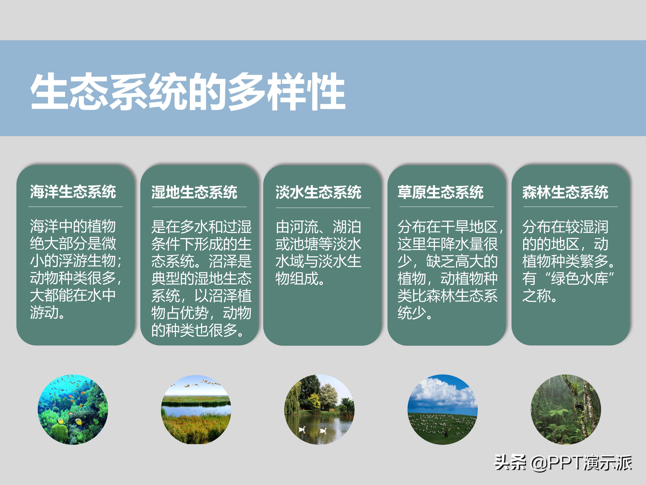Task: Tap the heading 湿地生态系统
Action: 194,192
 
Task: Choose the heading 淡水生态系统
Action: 318,192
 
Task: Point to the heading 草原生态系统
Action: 440,192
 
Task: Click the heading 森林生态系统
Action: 565,192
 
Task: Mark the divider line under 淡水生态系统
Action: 323,208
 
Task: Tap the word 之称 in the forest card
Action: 536,296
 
